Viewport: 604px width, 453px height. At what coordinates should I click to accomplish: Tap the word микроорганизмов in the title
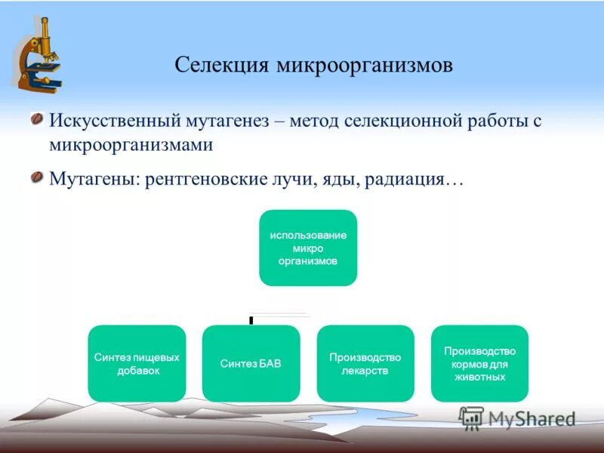tap(364, 66)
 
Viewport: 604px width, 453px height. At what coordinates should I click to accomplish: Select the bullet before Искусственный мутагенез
tap(35, 119)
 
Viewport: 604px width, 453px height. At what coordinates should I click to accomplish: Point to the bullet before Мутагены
tap(35, 178)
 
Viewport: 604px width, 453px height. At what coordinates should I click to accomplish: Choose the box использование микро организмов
tap(308, 248)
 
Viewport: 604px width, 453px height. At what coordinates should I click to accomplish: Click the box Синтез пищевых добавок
tap(137, 363)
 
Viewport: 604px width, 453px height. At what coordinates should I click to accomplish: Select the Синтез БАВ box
tap(251, 363)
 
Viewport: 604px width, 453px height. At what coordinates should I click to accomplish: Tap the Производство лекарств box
tap(365, 363)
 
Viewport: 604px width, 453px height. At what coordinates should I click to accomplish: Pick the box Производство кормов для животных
tap(479, 363)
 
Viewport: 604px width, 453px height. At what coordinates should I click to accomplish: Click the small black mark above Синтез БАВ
tap(251, 320)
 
